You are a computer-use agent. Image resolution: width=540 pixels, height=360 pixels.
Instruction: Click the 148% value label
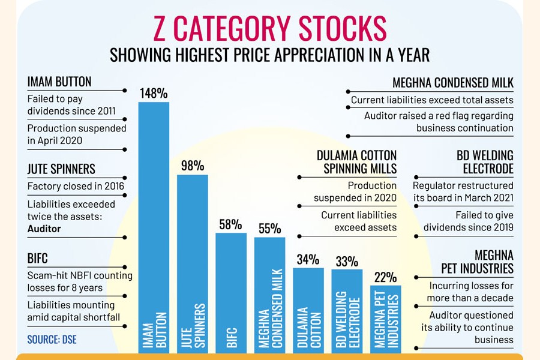pos(154,93)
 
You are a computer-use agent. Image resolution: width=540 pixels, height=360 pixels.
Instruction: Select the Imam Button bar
pos(154,228)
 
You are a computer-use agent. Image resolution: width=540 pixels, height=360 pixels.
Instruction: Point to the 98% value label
pos(193,166)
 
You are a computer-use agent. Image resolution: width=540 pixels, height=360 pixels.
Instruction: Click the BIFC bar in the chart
pos(231,288)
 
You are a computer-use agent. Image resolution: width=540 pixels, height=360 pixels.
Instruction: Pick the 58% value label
pos(231,224)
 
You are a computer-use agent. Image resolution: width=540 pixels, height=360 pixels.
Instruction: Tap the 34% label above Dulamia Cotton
pos(308,259)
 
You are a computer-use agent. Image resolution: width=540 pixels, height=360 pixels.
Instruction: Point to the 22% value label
pos(385,277)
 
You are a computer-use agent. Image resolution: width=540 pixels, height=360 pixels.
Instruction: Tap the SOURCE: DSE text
pos(52,340)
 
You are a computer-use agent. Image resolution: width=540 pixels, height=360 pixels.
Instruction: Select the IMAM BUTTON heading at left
pos(59,82)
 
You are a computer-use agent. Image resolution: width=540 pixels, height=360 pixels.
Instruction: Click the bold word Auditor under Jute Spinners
pos(44,229)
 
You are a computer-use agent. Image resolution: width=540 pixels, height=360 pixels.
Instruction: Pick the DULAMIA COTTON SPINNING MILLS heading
pos(356,163)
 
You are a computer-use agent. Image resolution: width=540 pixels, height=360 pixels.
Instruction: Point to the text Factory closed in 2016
pos(76,186)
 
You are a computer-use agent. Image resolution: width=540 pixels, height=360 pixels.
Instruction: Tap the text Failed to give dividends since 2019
pos(468,221)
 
